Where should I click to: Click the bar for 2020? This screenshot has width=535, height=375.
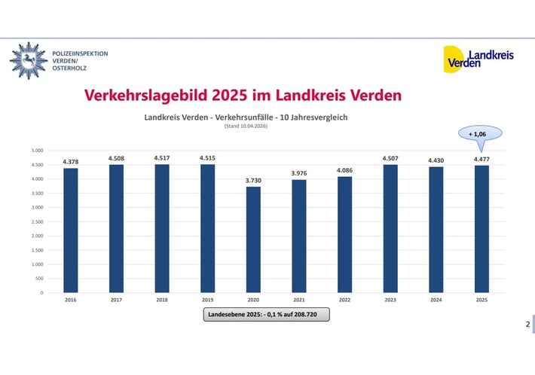click(x=253, y=239)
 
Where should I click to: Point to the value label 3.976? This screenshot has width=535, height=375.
click(x=298, y=173)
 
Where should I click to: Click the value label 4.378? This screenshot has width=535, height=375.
click(x=71, y=162)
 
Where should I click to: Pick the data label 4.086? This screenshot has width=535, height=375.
click(x=344, y=170)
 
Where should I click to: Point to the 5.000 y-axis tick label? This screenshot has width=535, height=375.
click(x=37, y=150)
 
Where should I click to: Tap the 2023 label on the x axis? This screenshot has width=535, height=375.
click(x=390, y=300)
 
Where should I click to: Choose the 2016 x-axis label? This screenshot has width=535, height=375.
click(x=71, y=300)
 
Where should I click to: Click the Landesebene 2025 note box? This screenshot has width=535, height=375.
click(x=267, y=316)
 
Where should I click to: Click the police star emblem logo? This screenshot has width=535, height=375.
click(x=27, y=59)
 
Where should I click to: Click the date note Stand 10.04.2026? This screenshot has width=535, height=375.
click(x=246, y=126)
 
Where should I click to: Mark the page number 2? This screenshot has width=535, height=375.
click(x=527, y=325)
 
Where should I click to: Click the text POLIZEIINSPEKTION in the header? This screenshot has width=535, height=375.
click(x=80, y=53)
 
